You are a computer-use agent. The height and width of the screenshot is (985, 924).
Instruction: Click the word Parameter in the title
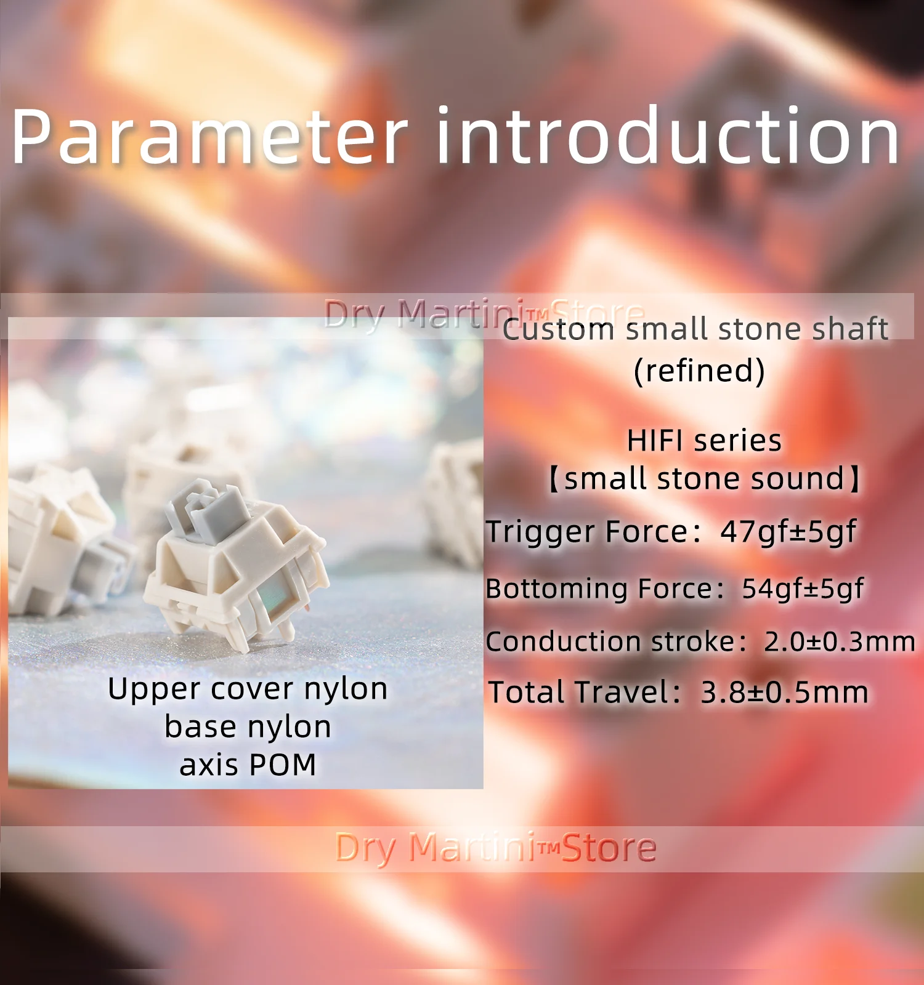[x=209, y=137]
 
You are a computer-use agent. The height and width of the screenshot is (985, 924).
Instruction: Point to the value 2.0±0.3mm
[x=840, y=641]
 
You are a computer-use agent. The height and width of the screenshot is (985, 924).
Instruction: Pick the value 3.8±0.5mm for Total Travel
[x=785, y=693]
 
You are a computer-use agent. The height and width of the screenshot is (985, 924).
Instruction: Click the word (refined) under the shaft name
[x=699, y=371]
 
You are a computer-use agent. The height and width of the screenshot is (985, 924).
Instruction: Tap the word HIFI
[x=656, y=441]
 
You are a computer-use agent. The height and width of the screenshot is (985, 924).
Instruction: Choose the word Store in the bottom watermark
[x=609, y=848]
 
